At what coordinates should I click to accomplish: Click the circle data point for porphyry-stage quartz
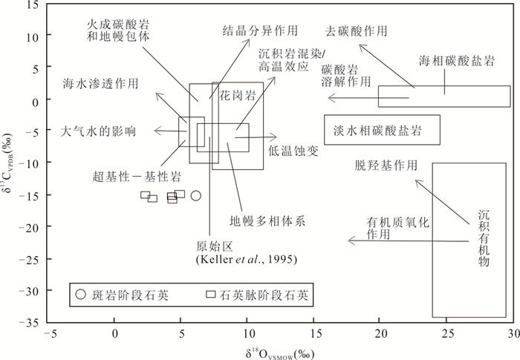196,195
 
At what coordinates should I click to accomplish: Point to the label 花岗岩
238,95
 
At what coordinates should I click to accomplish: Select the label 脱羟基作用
386,165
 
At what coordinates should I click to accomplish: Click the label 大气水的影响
98,131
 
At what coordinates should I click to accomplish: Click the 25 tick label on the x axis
446,334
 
